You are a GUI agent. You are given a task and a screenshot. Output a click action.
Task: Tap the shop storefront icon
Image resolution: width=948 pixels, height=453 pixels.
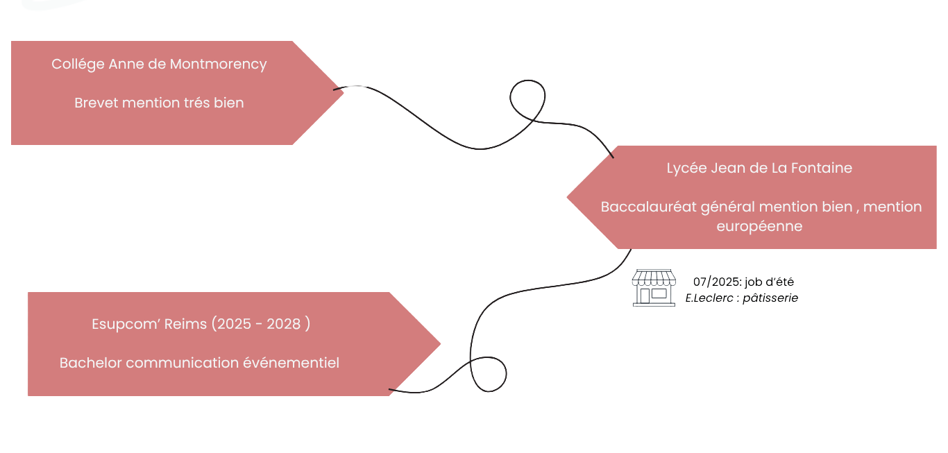coord(653,288)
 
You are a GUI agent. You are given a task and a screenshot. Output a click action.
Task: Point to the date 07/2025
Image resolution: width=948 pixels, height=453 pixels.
coord(718,282)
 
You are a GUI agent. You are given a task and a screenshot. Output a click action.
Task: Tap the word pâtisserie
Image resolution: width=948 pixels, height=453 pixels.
coord(770,298)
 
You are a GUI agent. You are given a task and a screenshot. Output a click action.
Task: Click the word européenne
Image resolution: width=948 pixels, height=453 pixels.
coord(759,226)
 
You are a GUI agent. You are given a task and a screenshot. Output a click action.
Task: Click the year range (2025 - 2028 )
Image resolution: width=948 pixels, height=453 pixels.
coord(261,325)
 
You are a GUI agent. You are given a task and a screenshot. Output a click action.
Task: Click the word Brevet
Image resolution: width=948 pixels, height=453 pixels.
coord(96,103)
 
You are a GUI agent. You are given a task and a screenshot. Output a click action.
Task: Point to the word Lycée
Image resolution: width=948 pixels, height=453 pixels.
coord(686,169)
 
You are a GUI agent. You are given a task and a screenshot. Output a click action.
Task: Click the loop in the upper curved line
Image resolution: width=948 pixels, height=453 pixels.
coord(528,101)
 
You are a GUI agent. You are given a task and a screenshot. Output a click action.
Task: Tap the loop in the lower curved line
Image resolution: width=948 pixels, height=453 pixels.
coord(489,375)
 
